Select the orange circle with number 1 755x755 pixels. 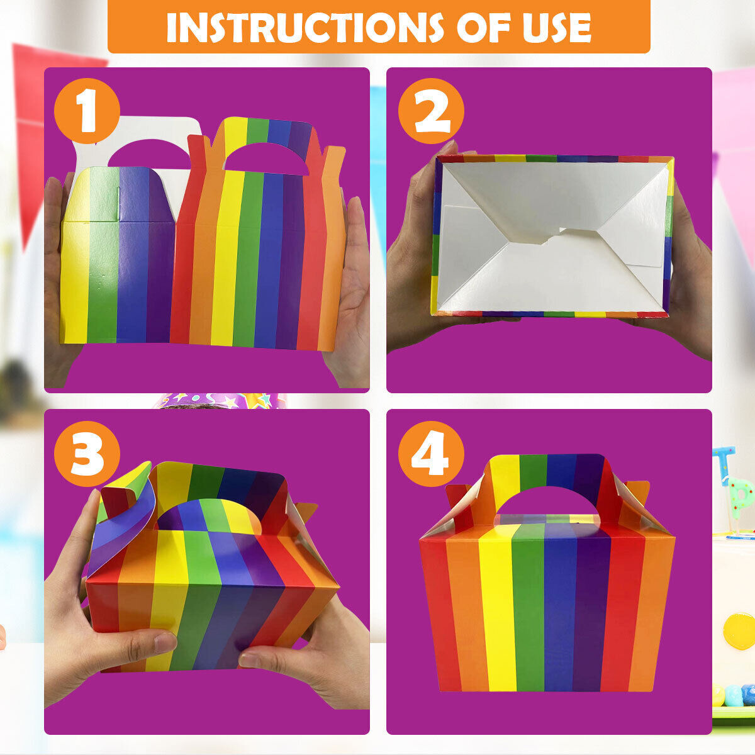(87, 111)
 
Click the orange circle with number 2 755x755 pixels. (431, 111)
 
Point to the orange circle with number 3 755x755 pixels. (87, 453)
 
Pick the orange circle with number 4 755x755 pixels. (431, 453)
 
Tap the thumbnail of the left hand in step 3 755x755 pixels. (165, 642)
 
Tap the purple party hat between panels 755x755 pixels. (220, 401)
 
